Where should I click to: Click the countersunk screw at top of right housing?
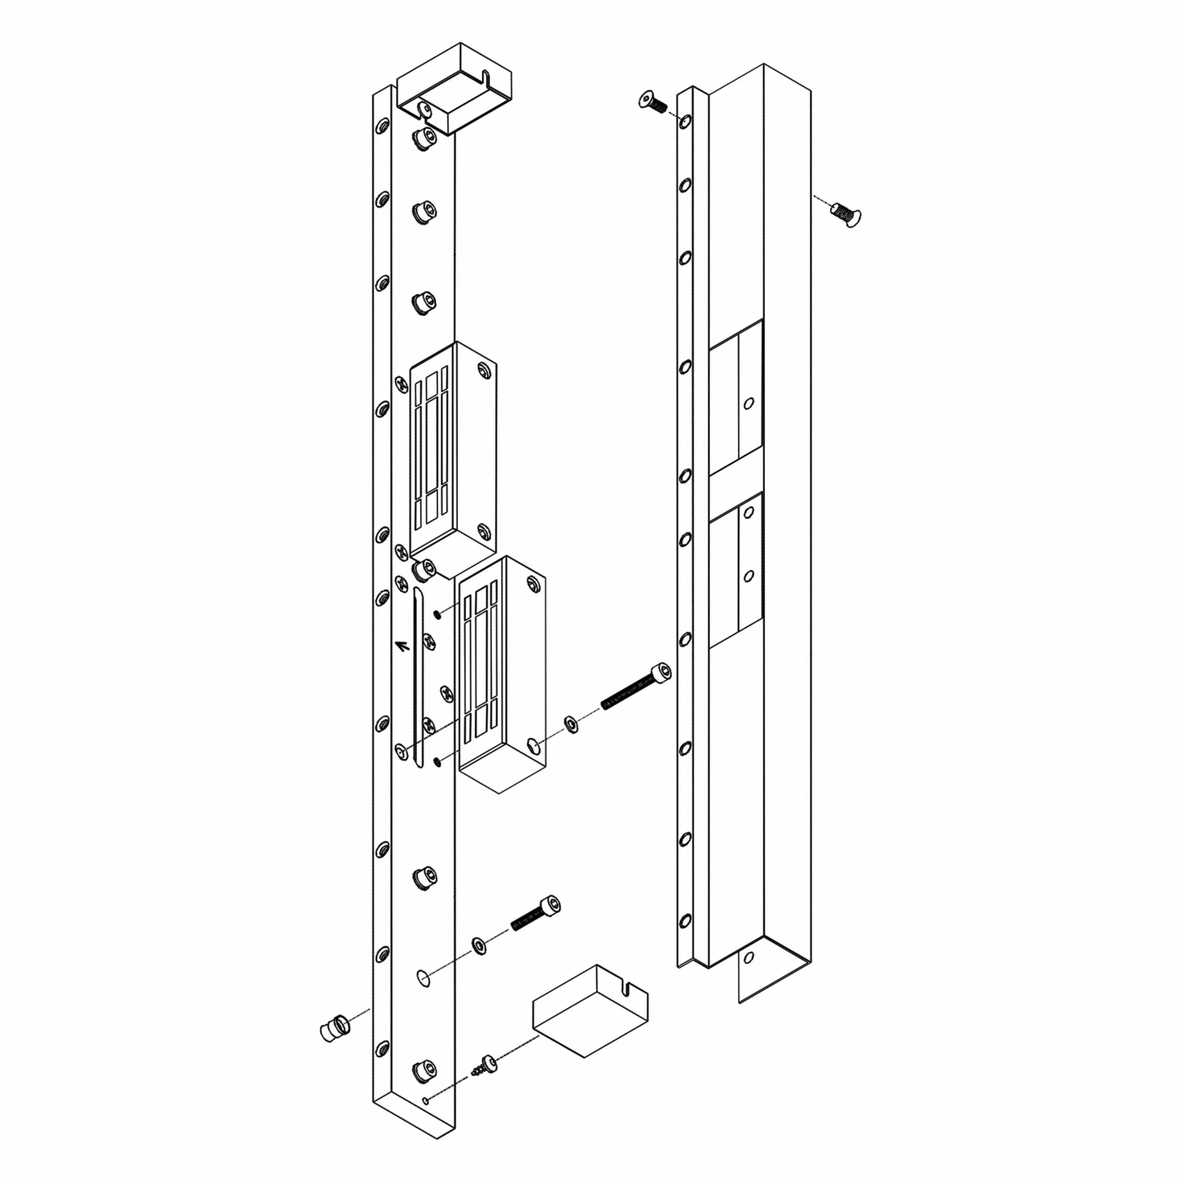coord(652,102)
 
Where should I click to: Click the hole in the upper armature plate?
coord(748,403)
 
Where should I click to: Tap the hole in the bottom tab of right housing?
coord(749,958)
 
